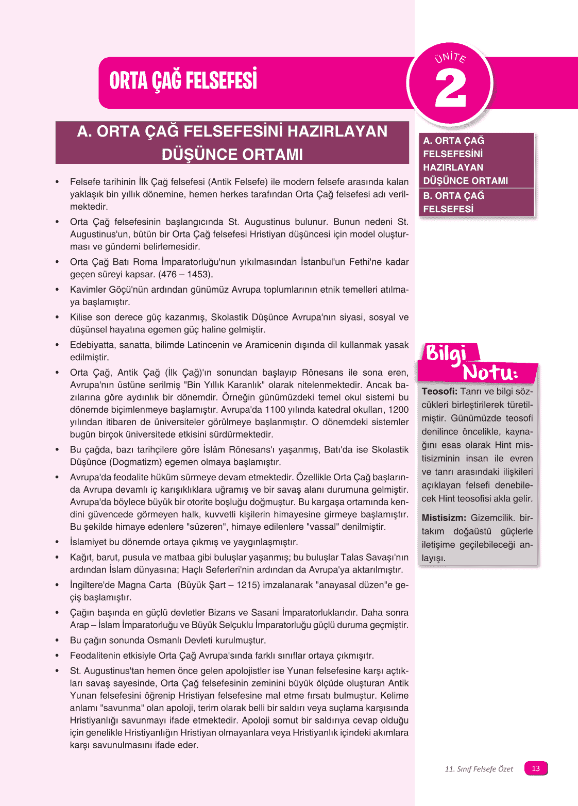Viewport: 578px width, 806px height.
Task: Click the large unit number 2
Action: [451, 89]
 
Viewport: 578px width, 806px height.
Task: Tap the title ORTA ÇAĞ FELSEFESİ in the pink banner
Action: [183, 81]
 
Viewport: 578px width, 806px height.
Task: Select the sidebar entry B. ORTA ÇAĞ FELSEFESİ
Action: [453, 203]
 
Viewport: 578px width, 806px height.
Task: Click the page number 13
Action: [536, 768]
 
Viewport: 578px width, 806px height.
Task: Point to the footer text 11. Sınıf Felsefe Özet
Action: [479, 769]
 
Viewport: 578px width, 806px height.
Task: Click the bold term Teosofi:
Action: [439, 392]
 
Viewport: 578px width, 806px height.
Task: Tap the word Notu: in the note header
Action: [490, 373]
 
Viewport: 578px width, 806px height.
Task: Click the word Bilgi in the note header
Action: [446, 354]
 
